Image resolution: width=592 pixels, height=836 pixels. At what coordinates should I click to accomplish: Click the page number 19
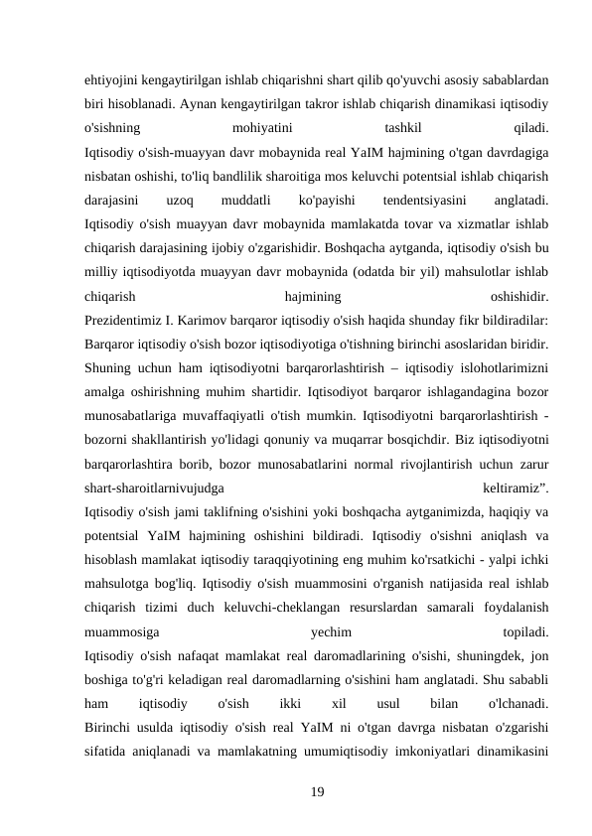pyautogui.click(x=318, y=789)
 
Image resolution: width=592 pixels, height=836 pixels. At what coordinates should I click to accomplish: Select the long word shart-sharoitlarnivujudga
pyautogui.click(x=155, y=488)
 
